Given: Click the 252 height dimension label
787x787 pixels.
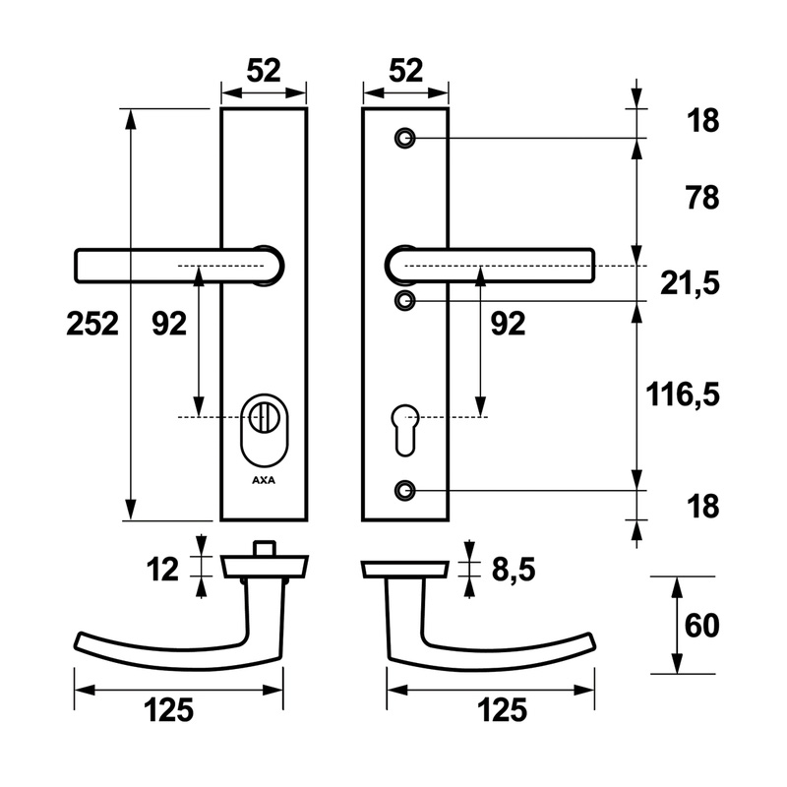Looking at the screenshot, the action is pos(92,324).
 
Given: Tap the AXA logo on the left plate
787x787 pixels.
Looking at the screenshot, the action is pos(264,480).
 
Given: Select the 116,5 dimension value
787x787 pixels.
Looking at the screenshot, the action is pos(682,395).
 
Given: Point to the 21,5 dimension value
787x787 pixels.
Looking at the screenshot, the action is pos(690,283).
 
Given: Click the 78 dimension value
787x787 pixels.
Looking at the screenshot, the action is pos(702,198).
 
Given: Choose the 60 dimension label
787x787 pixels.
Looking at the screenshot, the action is pos(701,626).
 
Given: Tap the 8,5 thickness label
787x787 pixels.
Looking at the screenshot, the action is pos(513,570).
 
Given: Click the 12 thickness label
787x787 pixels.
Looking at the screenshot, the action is pos(162,570).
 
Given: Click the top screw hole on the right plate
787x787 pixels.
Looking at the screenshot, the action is pos(404,138).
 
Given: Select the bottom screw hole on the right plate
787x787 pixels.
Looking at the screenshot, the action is pos(404,490).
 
